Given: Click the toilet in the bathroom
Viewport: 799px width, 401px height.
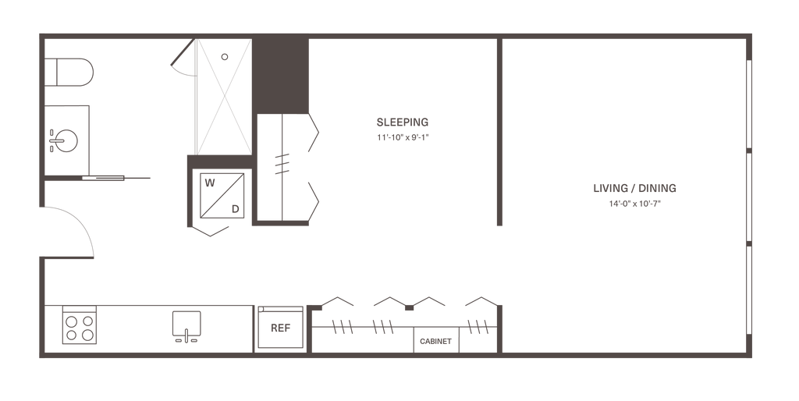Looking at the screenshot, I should (x=73, y=76).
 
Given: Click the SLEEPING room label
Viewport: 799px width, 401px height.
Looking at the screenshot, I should (x=403, y=122).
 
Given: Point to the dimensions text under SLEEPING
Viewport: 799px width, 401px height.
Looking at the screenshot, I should (x=403, y=136).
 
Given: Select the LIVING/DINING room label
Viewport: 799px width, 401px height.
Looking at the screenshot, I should (x=634, y=189).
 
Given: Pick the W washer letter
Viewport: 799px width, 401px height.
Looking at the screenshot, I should (x=208, y=183).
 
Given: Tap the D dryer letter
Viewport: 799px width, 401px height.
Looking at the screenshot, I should (x=235, y=208).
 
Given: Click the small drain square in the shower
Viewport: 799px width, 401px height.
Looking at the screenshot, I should (x=224, y=56).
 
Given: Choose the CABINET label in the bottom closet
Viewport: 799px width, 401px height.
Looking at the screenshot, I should (x=435, y=342).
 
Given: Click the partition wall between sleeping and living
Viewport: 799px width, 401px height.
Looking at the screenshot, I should (x=499, y=133).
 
